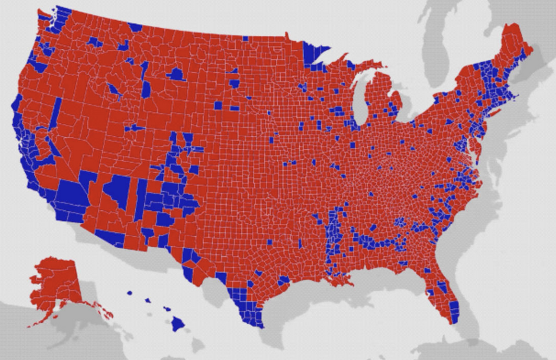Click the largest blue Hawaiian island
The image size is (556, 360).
coord(178,324)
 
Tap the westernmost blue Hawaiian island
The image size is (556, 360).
coord(130,293)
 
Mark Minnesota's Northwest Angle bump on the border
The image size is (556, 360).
coord(286,36)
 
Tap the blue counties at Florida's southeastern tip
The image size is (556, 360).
coord(454,312)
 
